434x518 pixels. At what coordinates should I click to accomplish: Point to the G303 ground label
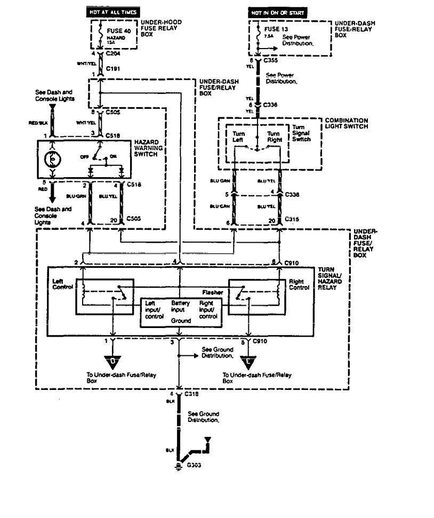click(x=194, y=465)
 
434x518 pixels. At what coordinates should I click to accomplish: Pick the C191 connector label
click(x=112, y=69)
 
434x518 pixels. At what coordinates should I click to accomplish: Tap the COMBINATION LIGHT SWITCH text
click(x=347, y=124)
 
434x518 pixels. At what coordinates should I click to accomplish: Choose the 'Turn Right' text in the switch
click(x=274, y=136)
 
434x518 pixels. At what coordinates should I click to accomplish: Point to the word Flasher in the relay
click(x=212, y=292)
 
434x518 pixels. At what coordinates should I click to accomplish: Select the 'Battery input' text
click(x=181, y=305)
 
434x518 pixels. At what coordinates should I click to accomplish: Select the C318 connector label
click(x=191, y=393)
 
